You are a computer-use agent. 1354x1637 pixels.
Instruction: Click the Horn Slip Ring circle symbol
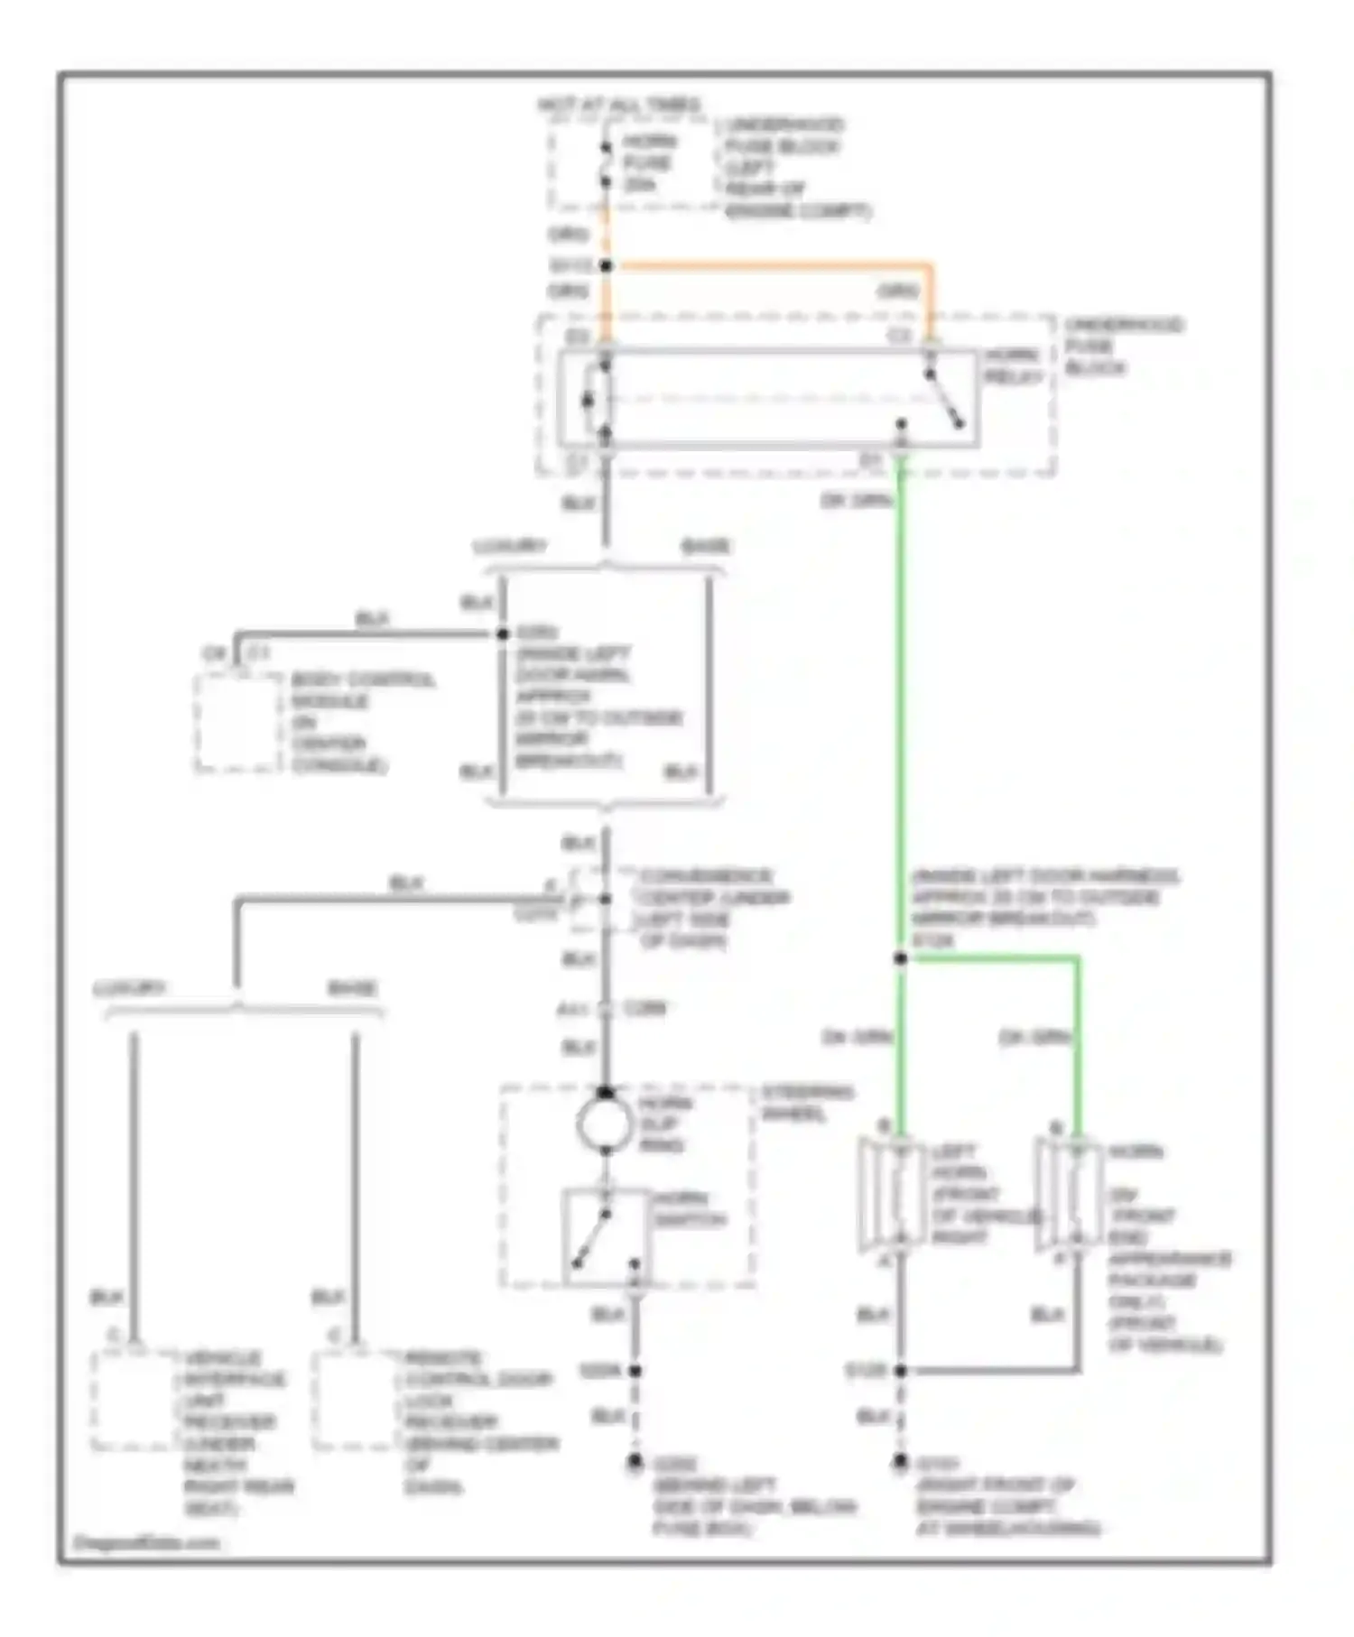[x=605, y=1124]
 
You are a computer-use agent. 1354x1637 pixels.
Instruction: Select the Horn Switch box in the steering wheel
[x=606, y=1236]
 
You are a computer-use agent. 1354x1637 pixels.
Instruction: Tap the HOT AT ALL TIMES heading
[x=619, y=106]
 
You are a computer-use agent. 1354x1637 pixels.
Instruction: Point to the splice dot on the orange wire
[x=607, y=265]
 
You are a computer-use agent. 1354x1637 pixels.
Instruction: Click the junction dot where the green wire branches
[x=900, y=958]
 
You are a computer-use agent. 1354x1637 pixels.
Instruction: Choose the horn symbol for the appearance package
[x=1071, y=1196]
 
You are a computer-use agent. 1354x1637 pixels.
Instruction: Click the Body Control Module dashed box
[x=237, y=722]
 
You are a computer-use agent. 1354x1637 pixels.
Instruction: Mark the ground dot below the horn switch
[x=635, y=1460]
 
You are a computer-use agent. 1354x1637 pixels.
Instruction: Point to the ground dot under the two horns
[x=900, y=1460]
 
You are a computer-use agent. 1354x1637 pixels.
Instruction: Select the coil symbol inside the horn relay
[x=591, y=400]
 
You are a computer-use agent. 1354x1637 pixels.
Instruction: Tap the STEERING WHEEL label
[x=807, y=1103]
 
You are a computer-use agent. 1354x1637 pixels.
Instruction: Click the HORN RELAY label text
[x=1014, y=366]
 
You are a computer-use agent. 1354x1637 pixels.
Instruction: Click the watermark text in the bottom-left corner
[x=145, y=1542]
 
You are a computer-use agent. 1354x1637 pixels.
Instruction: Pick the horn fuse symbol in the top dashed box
[x=606, y=162]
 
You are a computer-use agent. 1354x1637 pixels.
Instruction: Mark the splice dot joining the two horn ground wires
[x=900, y=1370]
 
